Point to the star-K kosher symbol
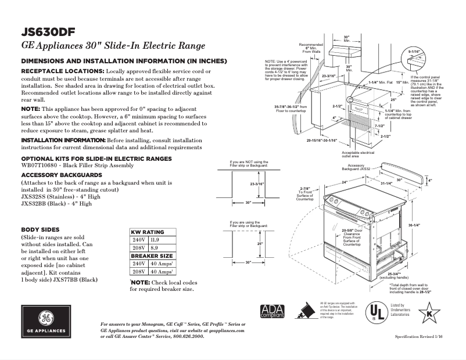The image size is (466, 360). (429, 314)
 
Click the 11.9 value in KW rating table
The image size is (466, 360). (154, 240)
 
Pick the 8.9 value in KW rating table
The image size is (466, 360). (153, 248)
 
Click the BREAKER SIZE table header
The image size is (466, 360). (151, 255)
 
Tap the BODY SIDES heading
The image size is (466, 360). (40, 229)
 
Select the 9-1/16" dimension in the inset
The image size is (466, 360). (414, 52)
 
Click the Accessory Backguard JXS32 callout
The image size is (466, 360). (356, 167)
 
